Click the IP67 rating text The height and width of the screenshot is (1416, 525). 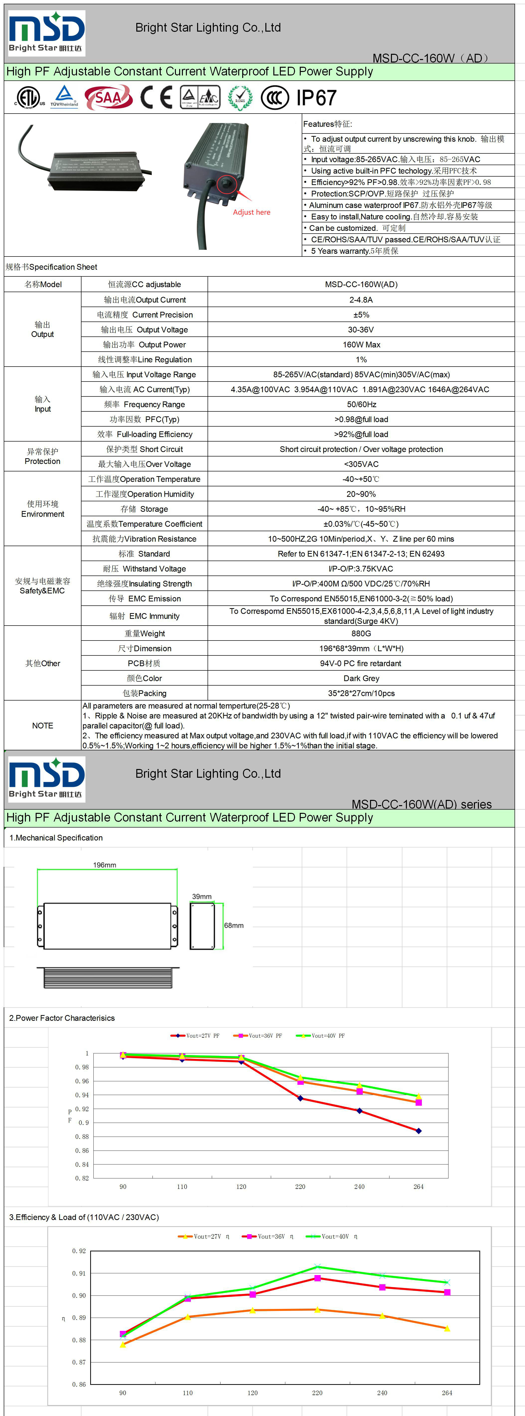[316, 98]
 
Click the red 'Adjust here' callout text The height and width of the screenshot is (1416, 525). [251, 212]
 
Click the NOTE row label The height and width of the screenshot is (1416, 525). [42, 726]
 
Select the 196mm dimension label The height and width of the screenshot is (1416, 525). [104, 865]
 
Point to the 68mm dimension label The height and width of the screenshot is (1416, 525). [234, 925]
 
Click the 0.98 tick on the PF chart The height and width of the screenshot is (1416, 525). [81, 1067]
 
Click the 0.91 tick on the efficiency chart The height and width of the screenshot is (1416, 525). [78, 1273]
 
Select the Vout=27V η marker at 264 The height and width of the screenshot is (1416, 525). [447, 1329]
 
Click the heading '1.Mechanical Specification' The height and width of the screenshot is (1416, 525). [56, 838]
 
